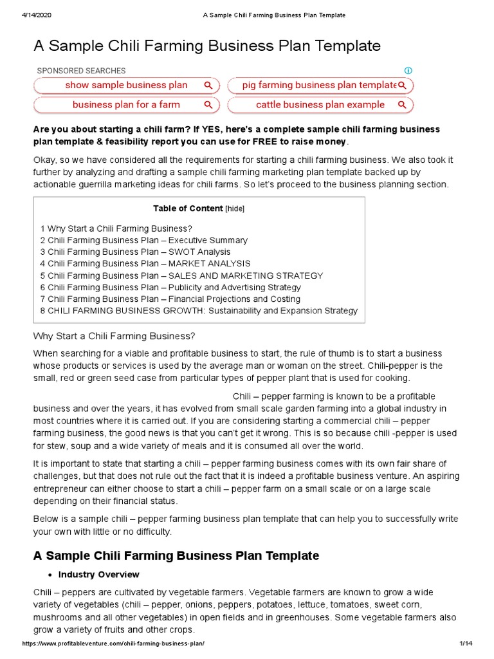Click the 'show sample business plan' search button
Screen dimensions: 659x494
[126, 86]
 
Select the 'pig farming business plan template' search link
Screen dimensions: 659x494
[320, 86]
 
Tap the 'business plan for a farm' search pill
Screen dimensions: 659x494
[126, 105]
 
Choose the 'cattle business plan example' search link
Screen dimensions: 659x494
[320, 105]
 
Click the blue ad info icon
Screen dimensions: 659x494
[408, 71]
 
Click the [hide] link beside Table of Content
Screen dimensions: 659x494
[235, 209]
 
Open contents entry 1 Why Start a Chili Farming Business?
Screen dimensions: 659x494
[116, 228]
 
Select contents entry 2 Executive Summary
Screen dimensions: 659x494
[143, 240]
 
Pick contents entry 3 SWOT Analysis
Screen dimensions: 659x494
[135, 252]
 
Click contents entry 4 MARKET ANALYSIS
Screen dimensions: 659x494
[145, 264]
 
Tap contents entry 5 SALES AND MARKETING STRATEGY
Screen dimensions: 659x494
[181, 275]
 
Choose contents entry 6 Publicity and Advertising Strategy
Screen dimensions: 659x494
[170, 288]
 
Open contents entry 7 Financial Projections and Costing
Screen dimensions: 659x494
[170, 299]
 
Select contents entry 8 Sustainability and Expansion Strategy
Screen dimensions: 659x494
[198, 311]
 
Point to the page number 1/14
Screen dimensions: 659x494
[466, 644]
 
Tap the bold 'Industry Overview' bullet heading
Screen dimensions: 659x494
[98, 575]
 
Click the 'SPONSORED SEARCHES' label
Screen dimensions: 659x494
[81, 71]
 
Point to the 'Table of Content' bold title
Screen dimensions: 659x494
[188, 209]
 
